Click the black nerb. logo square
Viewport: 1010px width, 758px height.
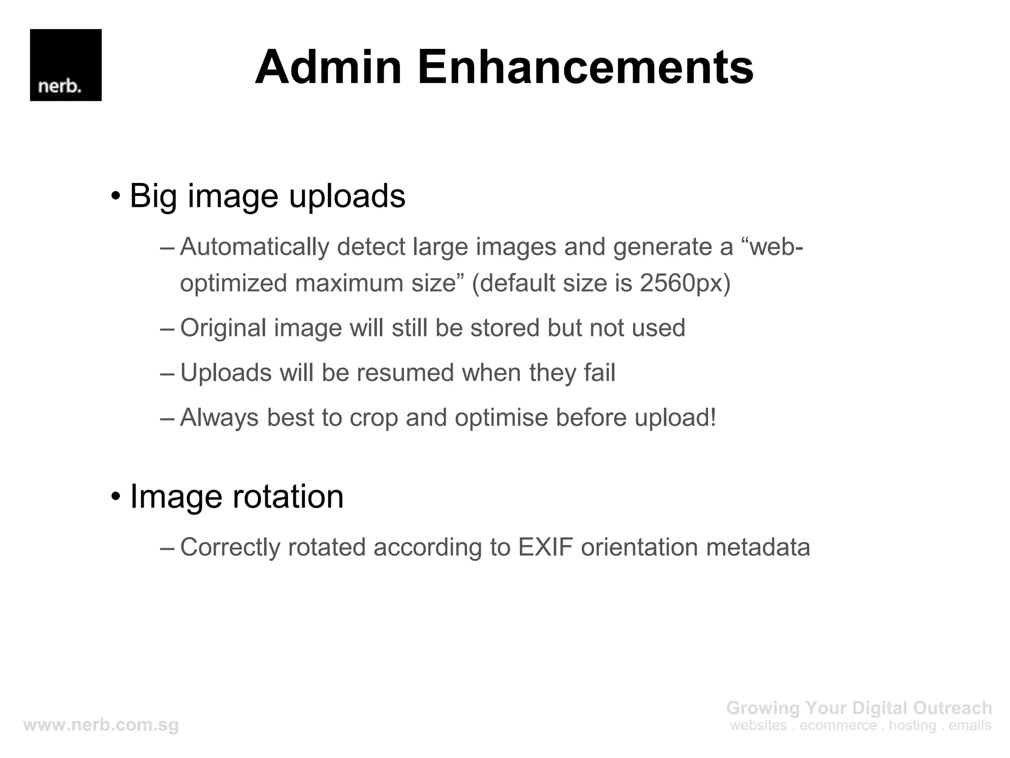pyautogui.click(x=66, y=65)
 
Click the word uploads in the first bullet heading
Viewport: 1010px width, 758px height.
pyautogui.click(x=347, y=196)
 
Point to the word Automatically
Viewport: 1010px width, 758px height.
pyautogui.click(x=254, y=247)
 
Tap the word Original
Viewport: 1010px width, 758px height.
pyautogui.click(x=223, y=328)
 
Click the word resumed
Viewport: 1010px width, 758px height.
pyautogui.click(x=405, y=373)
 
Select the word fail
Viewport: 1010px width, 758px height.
pyautogui.click(x=600, y=373)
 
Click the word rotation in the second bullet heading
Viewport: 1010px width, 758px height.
pyautogui.click(x=288, y=496)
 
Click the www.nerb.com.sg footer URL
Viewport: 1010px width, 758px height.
pyautogui.click(x=101, y=725)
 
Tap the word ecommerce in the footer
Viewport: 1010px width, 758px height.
pyautogui.click(x=838, y=725)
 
